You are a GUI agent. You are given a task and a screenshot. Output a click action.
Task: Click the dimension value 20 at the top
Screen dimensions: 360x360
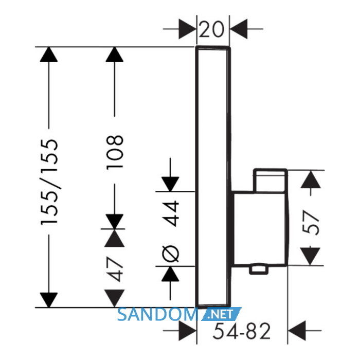211,29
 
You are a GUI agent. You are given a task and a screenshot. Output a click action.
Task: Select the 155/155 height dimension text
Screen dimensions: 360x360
49,182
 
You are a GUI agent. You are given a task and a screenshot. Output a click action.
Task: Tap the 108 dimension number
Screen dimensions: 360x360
115,152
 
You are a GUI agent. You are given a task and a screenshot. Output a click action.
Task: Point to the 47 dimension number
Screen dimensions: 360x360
115,269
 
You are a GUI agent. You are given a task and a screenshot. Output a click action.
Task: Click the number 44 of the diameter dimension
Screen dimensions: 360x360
170,213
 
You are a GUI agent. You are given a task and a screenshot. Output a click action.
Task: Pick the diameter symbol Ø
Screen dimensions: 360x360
170,254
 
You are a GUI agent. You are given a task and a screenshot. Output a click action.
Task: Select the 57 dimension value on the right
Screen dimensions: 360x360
311,223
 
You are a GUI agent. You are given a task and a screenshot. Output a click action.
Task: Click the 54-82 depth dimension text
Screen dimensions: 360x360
242,331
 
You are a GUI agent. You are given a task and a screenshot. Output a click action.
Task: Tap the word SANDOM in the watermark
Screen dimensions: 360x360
158,314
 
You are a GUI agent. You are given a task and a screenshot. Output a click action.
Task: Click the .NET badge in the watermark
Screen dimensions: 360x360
221,314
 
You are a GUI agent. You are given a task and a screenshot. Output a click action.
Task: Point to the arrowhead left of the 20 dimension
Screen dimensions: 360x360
188,29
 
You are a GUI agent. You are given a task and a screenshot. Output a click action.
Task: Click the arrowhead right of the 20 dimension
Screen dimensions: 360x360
239,29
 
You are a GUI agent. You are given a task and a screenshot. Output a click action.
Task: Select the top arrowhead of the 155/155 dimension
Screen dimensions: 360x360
49,55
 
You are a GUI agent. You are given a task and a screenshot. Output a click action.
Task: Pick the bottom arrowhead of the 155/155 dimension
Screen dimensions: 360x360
49,300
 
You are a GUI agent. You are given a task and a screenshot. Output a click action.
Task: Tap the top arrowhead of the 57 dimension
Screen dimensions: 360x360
311,179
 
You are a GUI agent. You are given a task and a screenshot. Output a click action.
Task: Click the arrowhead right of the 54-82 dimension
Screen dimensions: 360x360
297,331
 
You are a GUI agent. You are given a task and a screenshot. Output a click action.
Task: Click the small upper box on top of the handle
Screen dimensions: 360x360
270,181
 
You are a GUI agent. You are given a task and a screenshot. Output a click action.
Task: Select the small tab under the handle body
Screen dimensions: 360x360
259,270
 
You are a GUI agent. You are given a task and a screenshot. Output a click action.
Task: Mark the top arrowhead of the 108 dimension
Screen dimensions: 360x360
115,55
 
